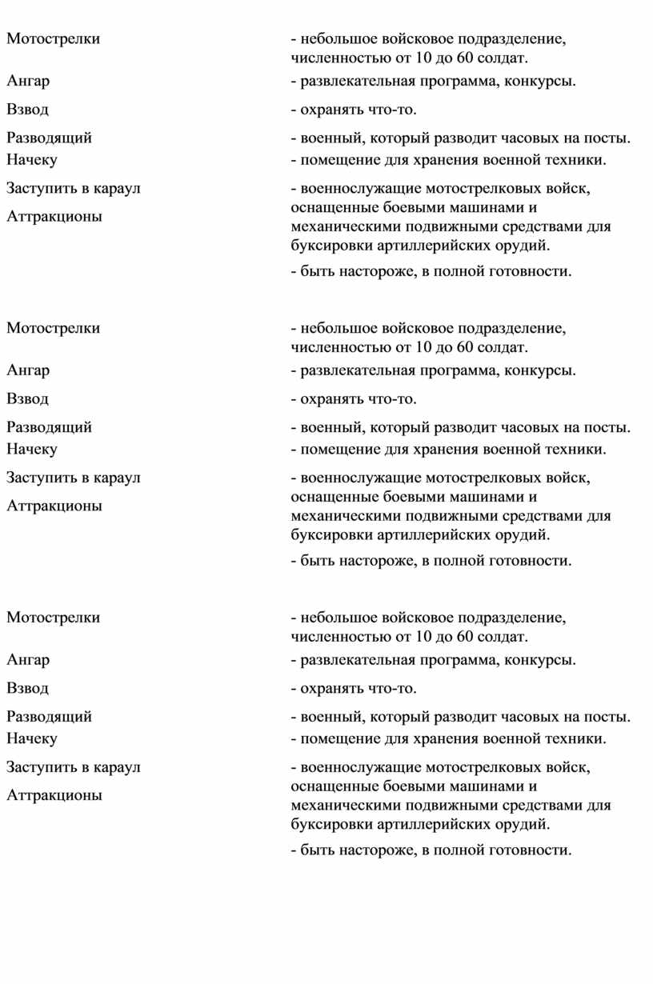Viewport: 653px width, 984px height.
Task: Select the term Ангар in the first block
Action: tap(28, 80)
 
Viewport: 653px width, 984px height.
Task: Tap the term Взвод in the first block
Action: tap(28, 109)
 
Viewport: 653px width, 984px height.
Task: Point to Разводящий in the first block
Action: tap(49, 138)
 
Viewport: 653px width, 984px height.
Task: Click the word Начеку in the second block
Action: tap(32, 450)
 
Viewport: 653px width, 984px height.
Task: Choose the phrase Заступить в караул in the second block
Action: tap(73, 478)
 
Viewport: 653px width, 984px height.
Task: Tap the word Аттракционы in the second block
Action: tap(54, 506)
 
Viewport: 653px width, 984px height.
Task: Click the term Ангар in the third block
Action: tap(28, 659)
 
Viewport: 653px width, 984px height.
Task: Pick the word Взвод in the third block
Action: tap(28, 688)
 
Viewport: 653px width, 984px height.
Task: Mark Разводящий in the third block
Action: tap(49, 717)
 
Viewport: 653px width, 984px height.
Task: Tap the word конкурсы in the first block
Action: tap(539, 80)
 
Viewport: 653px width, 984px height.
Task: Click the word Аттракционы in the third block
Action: tap(54, 796)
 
